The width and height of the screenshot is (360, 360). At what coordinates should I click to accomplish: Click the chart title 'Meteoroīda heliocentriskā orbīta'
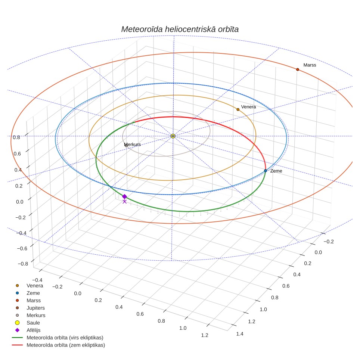pos(180,29)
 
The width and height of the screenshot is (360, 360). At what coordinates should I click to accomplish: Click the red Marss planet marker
pos(298,69)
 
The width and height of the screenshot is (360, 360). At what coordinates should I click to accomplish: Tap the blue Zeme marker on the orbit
pos(266,171)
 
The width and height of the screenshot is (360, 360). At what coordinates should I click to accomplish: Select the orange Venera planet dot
pos(238,109)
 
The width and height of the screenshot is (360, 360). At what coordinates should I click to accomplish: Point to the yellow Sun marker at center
pos(173,136)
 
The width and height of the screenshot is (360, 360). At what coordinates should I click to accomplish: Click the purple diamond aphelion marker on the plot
pos(124,196)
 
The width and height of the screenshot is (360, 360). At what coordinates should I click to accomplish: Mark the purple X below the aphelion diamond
pos(124,202)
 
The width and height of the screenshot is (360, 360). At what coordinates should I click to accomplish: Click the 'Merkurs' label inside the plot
pos(132,145)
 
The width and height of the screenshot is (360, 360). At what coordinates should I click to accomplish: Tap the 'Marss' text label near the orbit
pos(310,65)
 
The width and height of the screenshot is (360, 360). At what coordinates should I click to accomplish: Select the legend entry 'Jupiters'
pos(35,308)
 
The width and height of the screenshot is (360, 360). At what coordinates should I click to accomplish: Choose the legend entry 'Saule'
pos(33,323)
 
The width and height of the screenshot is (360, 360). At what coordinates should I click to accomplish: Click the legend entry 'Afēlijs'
pos(34,330)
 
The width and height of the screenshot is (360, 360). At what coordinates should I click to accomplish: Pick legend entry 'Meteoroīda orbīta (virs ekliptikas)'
pos(65,338)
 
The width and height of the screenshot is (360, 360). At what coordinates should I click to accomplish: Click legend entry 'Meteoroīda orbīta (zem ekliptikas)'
pos(66,345)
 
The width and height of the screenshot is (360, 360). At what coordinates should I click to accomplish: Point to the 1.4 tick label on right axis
pos(240,334)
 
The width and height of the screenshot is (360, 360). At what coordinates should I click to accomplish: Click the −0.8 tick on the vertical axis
pos(23,264)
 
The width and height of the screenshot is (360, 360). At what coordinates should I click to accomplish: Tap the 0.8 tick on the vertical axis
pos(16,137)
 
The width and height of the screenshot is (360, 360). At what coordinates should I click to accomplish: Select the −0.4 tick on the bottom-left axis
pos(37,280)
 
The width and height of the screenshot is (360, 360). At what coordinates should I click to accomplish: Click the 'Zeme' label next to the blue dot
pos(276,171)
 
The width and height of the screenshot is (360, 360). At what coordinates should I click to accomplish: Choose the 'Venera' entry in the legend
pos(35,286)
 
